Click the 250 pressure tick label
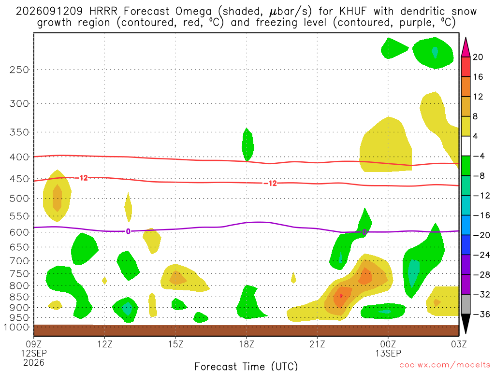pyautogui.click(x=19, y=70)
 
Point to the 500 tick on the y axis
pyautogui.click(x=19, y=199)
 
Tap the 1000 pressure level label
pyautogui.click(x=17, y=327)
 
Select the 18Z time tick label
pyautogui.click(x=247, y=344)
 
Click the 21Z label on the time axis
pyautogui.click(x=317, y=344)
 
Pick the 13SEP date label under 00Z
pyautogui.click(x=388, y=353)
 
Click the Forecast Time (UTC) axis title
pyautogui.click(x=246, y=366)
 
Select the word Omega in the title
pyautogui.click(x=193, y=12)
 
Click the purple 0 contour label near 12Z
pyautogui.click(x=128, y=231)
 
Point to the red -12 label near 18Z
pyautogui.click(x=271, y=183)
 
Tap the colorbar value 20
pyautogui.click(x=478, y=57)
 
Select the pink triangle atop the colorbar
pyautogui.click(x=466, y=47)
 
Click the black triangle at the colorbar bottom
pyautogui.click(x=466, y=324)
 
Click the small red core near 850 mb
pyautogui.click(x=341, y=296)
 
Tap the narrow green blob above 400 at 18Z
pyautogui.click(x=247, y=145)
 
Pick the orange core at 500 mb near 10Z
pyautogui.click(x=57, y=198)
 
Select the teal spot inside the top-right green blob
pyautogui.click(x=435, y=52)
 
